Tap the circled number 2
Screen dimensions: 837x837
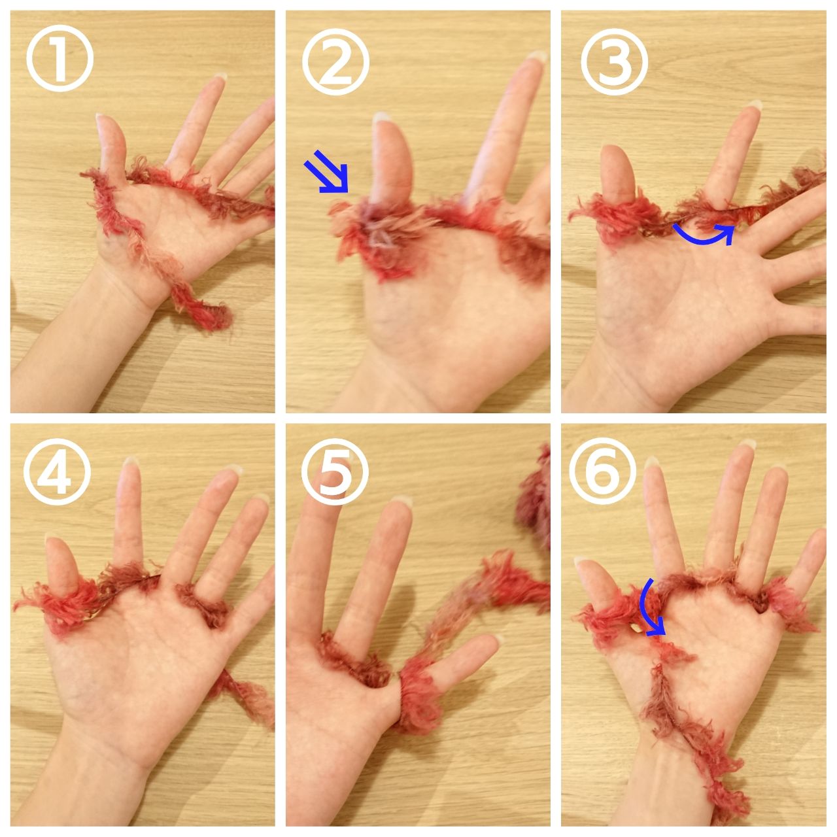pos(335,61)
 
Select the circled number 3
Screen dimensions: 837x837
pos(614,61)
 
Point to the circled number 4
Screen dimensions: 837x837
pos(57,471)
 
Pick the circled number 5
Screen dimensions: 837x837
pos(335,471)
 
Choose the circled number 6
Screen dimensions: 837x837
pos(602,470)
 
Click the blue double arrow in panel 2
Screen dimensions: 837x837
pos(327,171)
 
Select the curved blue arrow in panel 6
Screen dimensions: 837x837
pos(650,607)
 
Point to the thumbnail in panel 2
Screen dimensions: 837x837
pos(381,116)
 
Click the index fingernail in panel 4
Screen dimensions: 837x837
pos(130,461)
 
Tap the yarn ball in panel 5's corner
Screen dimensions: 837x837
pos(535,491)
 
